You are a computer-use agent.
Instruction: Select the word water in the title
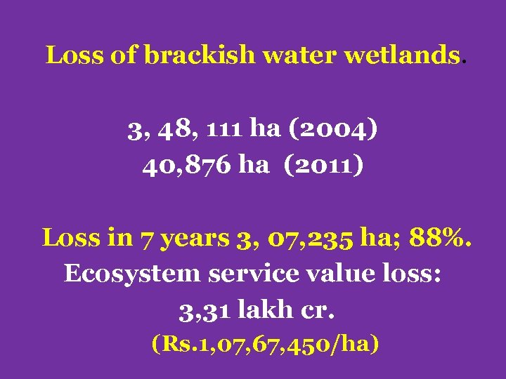click(300, 55)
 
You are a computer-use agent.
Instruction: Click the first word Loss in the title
click(76, 55)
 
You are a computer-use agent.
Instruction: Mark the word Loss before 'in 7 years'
click(72, 237)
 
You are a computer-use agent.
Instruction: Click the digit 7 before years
click(150, 239)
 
